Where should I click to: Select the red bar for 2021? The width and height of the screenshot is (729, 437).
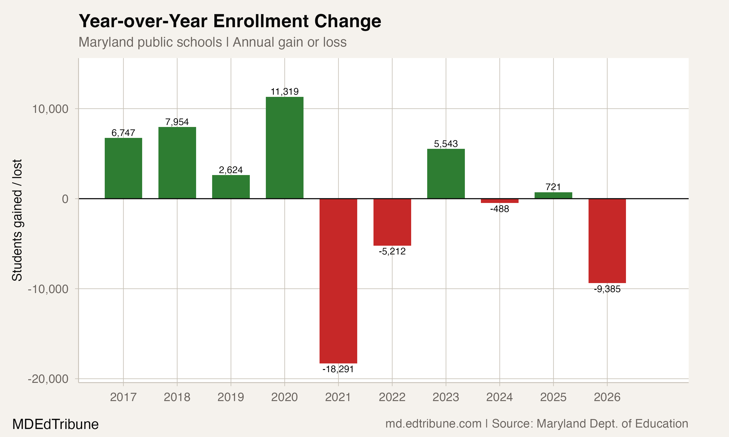338,281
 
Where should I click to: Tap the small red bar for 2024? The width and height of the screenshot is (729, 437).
499,201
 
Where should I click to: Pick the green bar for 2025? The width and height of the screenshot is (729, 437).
553,195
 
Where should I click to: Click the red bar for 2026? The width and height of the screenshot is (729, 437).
607,241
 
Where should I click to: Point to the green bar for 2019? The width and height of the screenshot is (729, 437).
231,187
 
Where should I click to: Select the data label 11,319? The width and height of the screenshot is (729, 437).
284,92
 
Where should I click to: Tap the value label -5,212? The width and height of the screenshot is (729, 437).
392,251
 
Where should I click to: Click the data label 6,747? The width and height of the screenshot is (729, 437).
123,133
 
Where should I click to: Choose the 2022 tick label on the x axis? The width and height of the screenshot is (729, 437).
392,397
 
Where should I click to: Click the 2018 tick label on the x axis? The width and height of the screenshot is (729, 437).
177,397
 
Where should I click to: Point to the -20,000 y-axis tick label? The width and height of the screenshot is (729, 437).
48,379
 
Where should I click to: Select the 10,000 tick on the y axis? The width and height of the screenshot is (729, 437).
50,109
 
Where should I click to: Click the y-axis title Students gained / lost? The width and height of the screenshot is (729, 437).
17,220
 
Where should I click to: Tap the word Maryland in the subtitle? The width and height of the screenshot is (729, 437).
106,42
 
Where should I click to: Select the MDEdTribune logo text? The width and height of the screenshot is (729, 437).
55,424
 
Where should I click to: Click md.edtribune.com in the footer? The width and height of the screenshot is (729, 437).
433,423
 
